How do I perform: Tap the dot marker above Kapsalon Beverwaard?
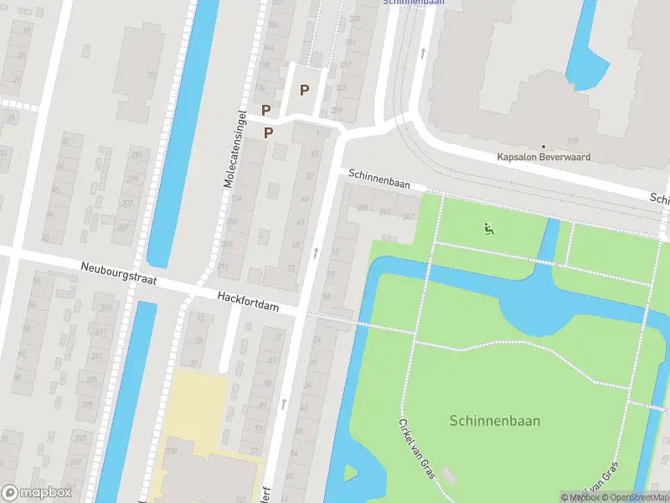tap(544, 147)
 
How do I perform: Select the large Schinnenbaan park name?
tap(494, 421)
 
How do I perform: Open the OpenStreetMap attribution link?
tap(638, 497)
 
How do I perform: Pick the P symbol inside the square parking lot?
tap(305, 91)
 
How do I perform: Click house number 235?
tap(363, 208)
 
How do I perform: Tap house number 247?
tap(409, 216)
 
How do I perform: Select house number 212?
tap(223, 267)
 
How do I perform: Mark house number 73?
tap(291, 267)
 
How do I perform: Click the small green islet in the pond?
tap(349, 473)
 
